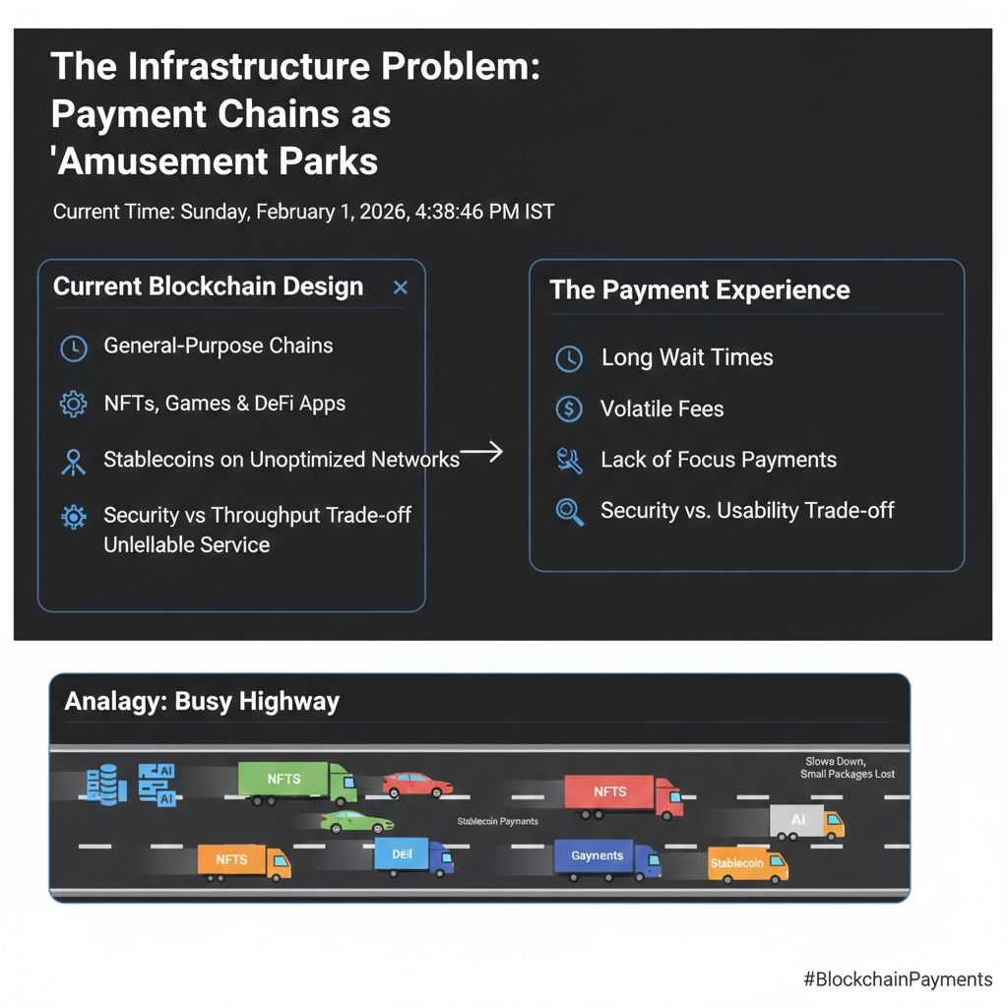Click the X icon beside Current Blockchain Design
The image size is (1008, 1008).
pyautogui.click(x=401, y=287)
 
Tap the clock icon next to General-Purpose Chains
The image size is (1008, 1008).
pyautogui.click(x=74, y=348)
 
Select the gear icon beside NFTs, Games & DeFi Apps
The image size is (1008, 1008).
pyautogui.click(x=73, y=405)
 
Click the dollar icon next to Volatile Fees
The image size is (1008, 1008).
pyautogui.click(x=569, y=409)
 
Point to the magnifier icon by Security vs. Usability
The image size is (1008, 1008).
pyautogui.click(x=570, y=512)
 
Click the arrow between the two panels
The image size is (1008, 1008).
pyautogui.click(x=480, y=451)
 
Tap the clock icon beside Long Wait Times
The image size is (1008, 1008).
pyautogui.click(x=569, y=358)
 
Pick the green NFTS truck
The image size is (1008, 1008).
pyautogui.click(x=297, y=784)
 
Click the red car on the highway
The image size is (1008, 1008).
pyautogui.click(x=417, y=785)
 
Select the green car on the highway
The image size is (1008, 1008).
pyautogui.click(x=356, y=822)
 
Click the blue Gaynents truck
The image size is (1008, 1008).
pyautogui.click(x=607, y=859)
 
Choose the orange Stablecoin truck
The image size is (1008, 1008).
pyautogui.click(x=748, y=865)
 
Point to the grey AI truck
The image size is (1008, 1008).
pyautogui.click(x=807, y=822)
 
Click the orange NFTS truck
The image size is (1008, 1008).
pyautogui.click(x=244, y=862)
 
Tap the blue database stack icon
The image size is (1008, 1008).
pyautogui.click(x=102, y=785)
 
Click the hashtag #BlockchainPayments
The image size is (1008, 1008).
pyautogui.click(x=898, y=979)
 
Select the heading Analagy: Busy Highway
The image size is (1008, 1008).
pyautogui.click(x=202, y=701)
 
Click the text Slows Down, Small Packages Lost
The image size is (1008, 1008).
pyautogui.click(x=848, y=768)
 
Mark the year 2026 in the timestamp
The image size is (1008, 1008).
pyautogui.click(x=383, y=212)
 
